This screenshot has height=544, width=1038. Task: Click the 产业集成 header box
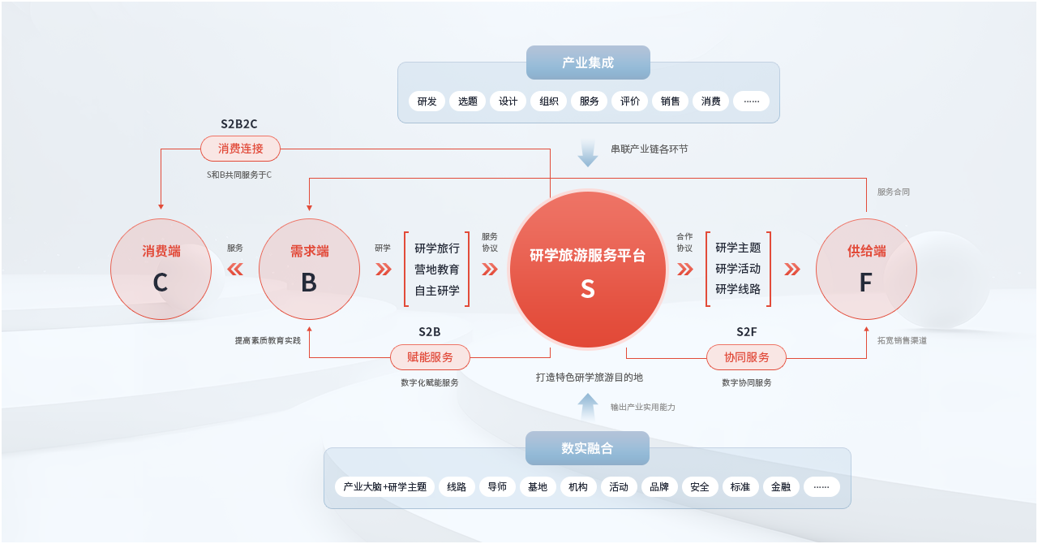click(588, 63)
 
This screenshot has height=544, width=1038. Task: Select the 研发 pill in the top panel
click(427, 101)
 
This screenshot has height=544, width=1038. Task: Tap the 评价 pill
click(630, 101)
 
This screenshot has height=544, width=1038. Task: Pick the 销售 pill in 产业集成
click(670, 101)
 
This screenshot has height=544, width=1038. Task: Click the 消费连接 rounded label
click(240, 149)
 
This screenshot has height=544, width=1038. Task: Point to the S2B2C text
click(238, 124)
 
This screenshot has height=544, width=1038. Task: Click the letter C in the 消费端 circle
click(161, 283)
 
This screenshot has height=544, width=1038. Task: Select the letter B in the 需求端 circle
click(309, 283)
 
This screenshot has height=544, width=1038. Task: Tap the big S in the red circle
click(588, 289)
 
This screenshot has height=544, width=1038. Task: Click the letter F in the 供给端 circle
click(865, 283)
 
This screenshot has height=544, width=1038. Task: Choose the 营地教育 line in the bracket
click(436, 270)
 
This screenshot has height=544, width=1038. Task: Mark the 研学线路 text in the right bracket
click(738, 289)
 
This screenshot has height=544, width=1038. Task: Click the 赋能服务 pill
click(430, 357)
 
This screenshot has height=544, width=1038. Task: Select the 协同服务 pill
click(746, 357)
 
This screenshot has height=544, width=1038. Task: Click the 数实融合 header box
click(587, 448)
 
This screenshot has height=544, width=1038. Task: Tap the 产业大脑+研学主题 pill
click(384, 487)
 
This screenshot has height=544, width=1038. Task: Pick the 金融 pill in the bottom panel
click(780, 487)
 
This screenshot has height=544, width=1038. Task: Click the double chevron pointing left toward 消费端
click(235, 270)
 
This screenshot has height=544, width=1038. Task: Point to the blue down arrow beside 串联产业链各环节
click(588, 153)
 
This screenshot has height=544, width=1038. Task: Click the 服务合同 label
click(894, 192)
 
